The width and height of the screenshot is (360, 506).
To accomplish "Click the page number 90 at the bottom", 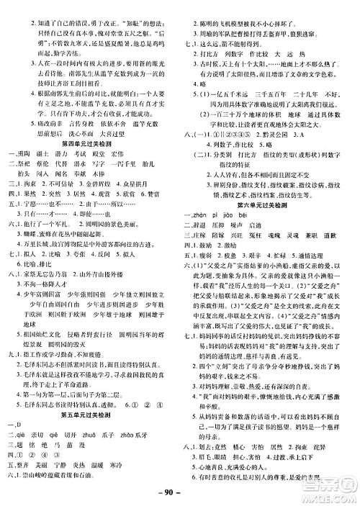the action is click(179, 493).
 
